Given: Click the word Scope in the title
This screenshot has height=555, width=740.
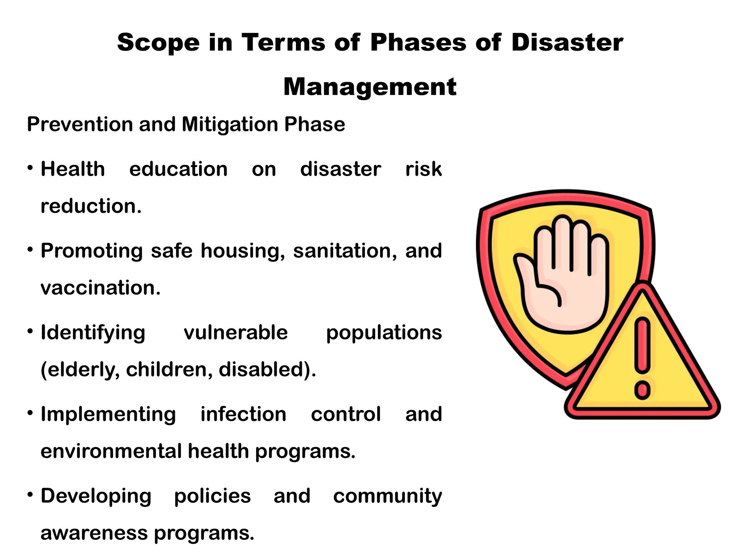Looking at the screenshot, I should point(158,43).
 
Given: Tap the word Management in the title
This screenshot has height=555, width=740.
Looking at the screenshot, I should point(370,87).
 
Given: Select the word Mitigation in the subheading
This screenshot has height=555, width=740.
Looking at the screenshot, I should point(230,125).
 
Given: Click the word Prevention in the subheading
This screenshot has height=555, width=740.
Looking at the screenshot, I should point(80,125).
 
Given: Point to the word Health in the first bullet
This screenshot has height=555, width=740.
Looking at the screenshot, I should point(73,169).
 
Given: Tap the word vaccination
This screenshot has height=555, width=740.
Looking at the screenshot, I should point(100,288).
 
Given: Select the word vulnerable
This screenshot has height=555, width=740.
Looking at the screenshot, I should point(236,332).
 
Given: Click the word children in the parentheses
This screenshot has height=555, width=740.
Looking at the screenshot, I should point(169,370).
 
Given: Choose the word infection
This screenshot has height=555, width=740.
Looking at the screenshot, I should point(243,414).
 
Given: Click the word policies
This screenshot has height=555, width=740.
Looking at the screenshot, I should point(212,496).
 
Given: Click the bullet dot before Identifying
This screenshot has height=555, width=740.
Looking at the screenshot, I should point(30,331).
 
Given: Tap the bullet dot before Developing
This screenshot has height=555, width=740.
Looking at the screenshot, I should point(30,494).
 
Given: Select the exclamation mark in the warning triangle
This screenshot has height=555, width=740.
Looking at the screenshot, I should point(642,358).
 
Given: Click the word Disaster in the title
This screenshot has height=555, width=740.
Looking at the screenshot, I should point(567,43).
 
